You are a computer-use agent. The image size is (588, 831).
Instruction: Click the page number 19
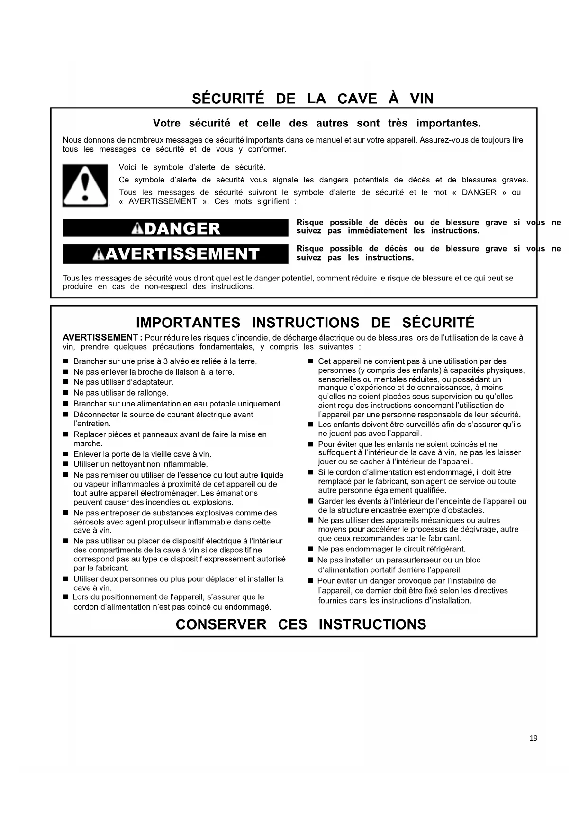pyautogui.click(x=534, y=738)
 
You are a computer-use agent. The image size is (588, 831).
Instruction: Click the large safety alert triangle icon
pyautogui.click(x=85, y=185)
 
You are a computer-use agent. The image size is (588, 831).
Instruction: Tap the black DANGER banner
pyautogui.click(x=175, y=228)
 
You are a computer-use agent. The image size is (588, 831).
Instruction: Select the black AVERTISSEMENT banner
pyautogui.click(x=175, y=254)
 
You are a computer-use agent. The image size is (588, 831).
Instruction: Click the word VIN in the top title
pyautogui.click(x=422, y=99)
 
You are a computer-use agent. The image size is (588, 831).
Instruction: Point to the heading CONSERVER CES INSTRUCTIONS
pyautogui.click(x=301, y=624)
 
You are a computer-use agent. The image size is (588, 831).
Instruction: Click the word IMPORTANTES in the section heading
pyautogui.click(x=188, y=323)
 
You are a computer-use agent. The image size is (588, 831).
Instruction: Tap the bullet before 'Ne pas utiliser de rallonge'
pyautogui.click(x=66, y=393)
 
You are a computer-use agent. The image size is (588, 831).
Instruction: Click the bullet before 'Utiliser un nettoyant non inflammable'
pyautogui.click(x=66, y=464)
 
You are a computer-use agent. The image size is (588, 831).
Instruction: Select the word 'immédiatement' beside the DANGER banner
pyautogui.click(x=377, y=231)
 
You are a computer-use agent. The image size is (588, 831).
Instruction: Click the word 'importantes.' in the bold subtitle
pyautogui.click(x=448, y=124)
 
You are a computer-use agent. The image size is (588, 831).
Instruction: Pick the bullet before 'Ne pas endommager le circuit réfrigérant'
pyautogui.click(x=311, y=550)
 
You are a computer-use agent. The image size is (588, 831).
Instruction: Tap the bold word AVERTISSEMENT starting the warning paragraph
pyautogui.click(x=100, y=338)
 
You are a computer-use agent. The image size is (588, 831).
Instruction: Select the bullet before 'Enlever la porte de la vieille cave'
pyautogui.click(x=66, y=454)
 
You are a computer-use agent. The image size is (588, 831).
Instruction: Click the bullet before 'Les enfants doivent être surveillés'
pyautogui.click(x=311, y=425)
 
